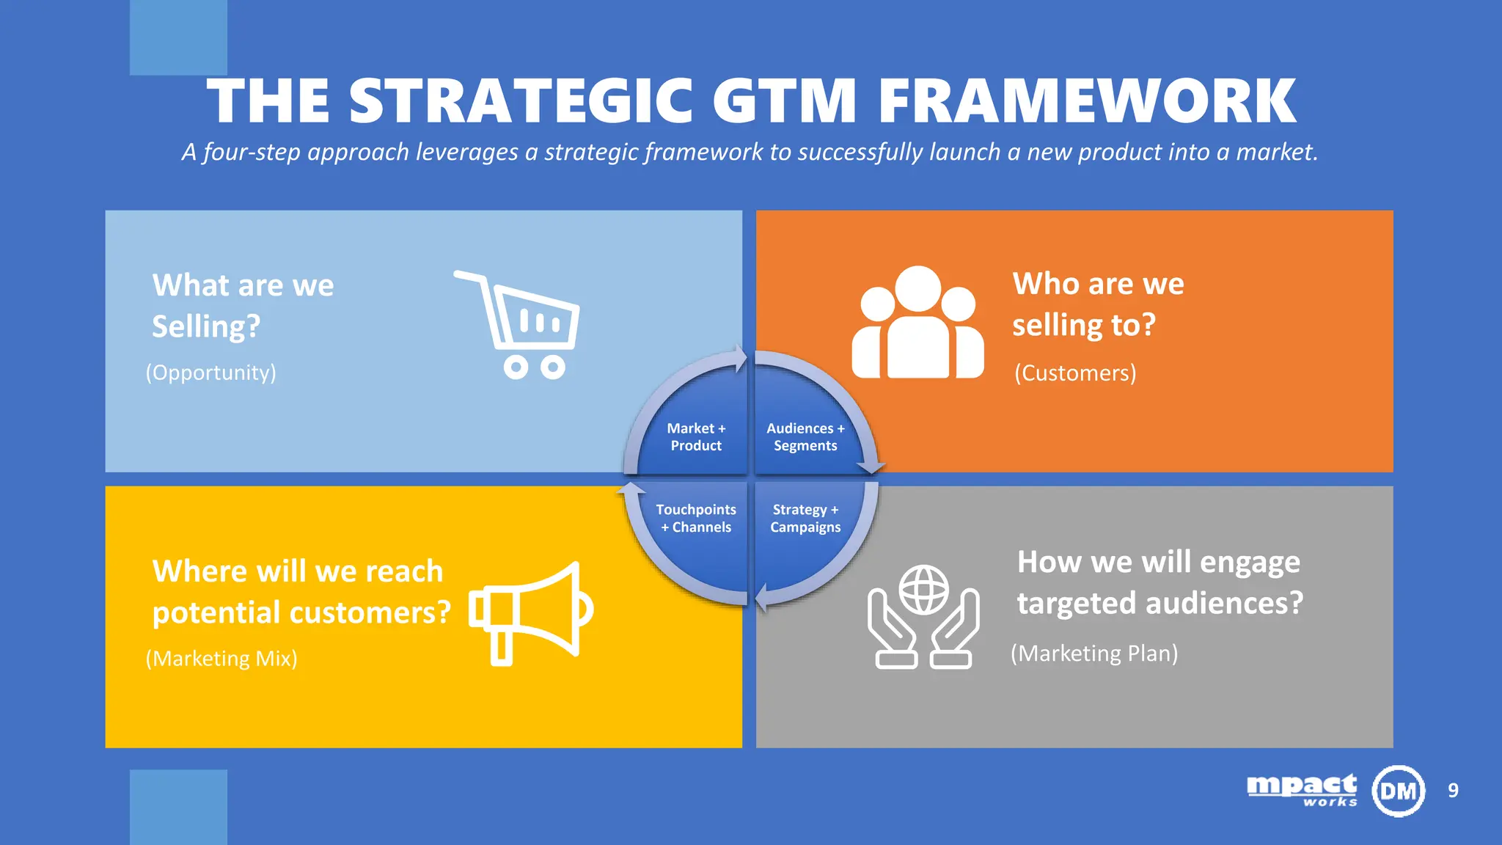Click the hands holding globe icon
[x=923, y=617]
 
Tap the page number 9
[x=1453, y=791]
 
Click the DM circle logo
[x=1398, y=791]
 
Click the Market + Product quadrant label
[x=696, y=437]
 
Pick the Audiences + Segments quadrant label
[x=805, y=437]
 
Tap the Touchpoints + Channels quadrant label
[x=696, y=519]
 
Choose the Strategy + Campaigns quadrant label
[x=805, y=519]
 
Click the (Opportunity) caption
[x=211, y=373]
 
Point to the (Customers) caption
[x=1075, y=373]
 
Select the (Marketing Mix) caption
[x=221, y=659]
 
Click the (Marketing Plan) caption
[x=1094, y=653]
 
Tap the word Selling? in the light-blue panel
[x=206, y=326]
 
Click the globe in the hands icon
[x=923, y=590]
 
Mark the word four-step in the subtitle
[x=252, y=152]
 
